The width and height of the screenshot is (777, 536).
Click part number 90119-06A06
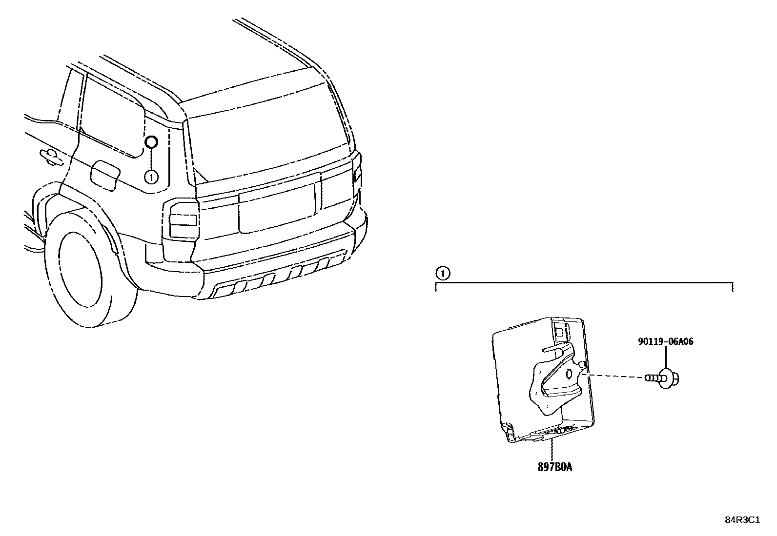665,342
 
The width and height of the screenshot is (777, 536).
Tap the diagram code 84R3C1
742,520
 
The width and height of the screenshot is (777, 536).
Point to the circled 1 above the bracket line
442,273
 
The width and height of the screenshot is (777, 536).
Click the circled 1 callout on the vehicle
151,177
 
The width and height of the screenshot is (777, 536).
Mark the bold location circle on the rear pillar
151,142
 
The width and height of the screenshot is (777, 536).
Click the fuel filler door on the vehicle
105,175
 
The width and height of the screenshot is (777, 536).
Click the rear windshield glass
268,132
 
